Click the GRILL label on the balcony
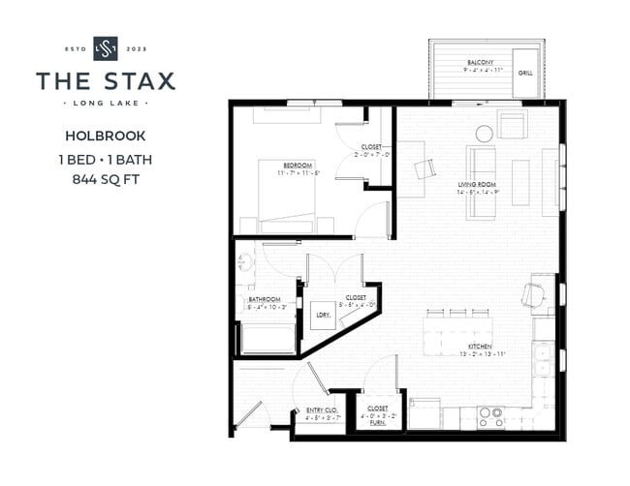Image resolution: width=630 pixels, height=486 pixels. (524, 73)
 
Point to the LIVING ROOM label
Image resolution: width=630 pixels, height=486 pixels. (477, 183)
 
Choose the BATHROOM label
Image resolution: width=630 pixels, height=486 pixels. (264, 299)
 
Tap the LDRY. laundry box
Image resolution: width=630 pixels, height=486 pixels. (323, 315)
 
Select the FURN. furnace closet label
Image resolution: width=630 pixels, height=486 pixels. (376, 422)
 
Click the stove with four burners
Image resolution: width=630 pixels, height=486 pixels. (491, 416)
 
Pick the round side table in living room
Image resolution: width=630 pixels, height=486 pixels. (483, 134)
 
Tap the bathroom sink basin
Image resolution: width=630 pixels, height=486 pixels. (243, 261)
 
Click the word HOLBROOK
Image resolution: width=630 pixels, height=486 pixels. (106, 136)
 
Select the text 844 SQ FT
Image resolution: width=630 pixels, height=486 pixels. (106, 179)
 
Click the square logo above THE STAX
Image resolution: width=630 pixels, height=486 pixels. (106, 47)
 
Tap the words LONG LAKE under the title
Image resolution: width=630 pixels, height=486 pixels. (106, 102)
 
